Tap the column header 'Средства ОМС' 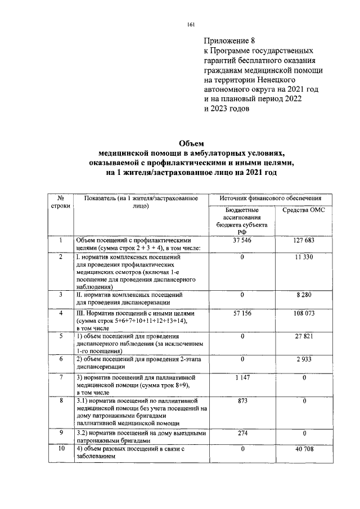[303, 210]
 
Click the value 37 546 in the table [241, 241]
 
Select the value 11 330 [303, 257]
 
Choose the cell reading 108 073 [303, 312]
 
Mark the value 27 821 [303, 336]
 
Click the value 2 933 [303, 358]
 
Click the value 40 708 [303, 449]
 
